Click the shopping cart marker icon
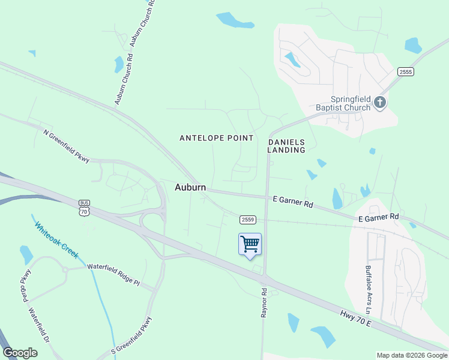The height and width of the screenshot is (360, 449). [250, 244]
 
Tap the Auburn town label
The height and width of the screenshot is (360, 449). [190, 187]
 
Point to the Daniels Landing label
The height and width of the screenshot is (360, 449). [286, 146]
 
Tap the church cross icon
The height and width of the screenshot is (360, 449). [379, 103]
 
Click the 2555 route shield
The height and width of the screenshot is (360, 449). [406, 71]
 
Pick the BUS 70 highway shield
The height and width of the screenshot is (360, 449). [84, 208]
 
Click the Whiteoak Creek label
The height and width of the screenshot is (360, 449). [56, 241]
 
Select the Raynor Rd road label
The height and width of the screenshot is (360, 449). [263, 302]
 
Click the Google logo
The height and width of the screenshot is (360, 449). [20, 353]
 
